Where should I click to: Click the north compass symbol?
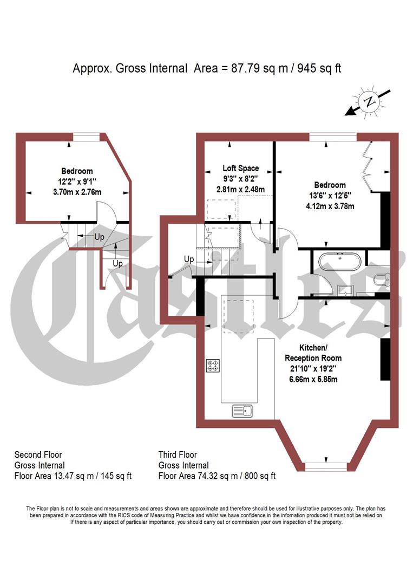pyautogui.click(x=370, y=102)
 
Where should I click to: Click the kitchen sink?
pyautogui.click(x=243, y=411)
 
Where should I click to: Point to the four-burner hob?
pyautogui.click(x=212, y=366)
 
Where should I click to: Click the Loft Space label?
pyautogui.click(x=241, y=168)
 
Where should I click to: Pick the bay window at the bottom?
pyautogui.click(x=325, y=465)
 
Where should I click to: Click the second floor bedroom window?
pyautogui.click(x=86, y=137)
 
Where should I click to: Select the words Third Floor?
pyautogui.click(x=178, y=454)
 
